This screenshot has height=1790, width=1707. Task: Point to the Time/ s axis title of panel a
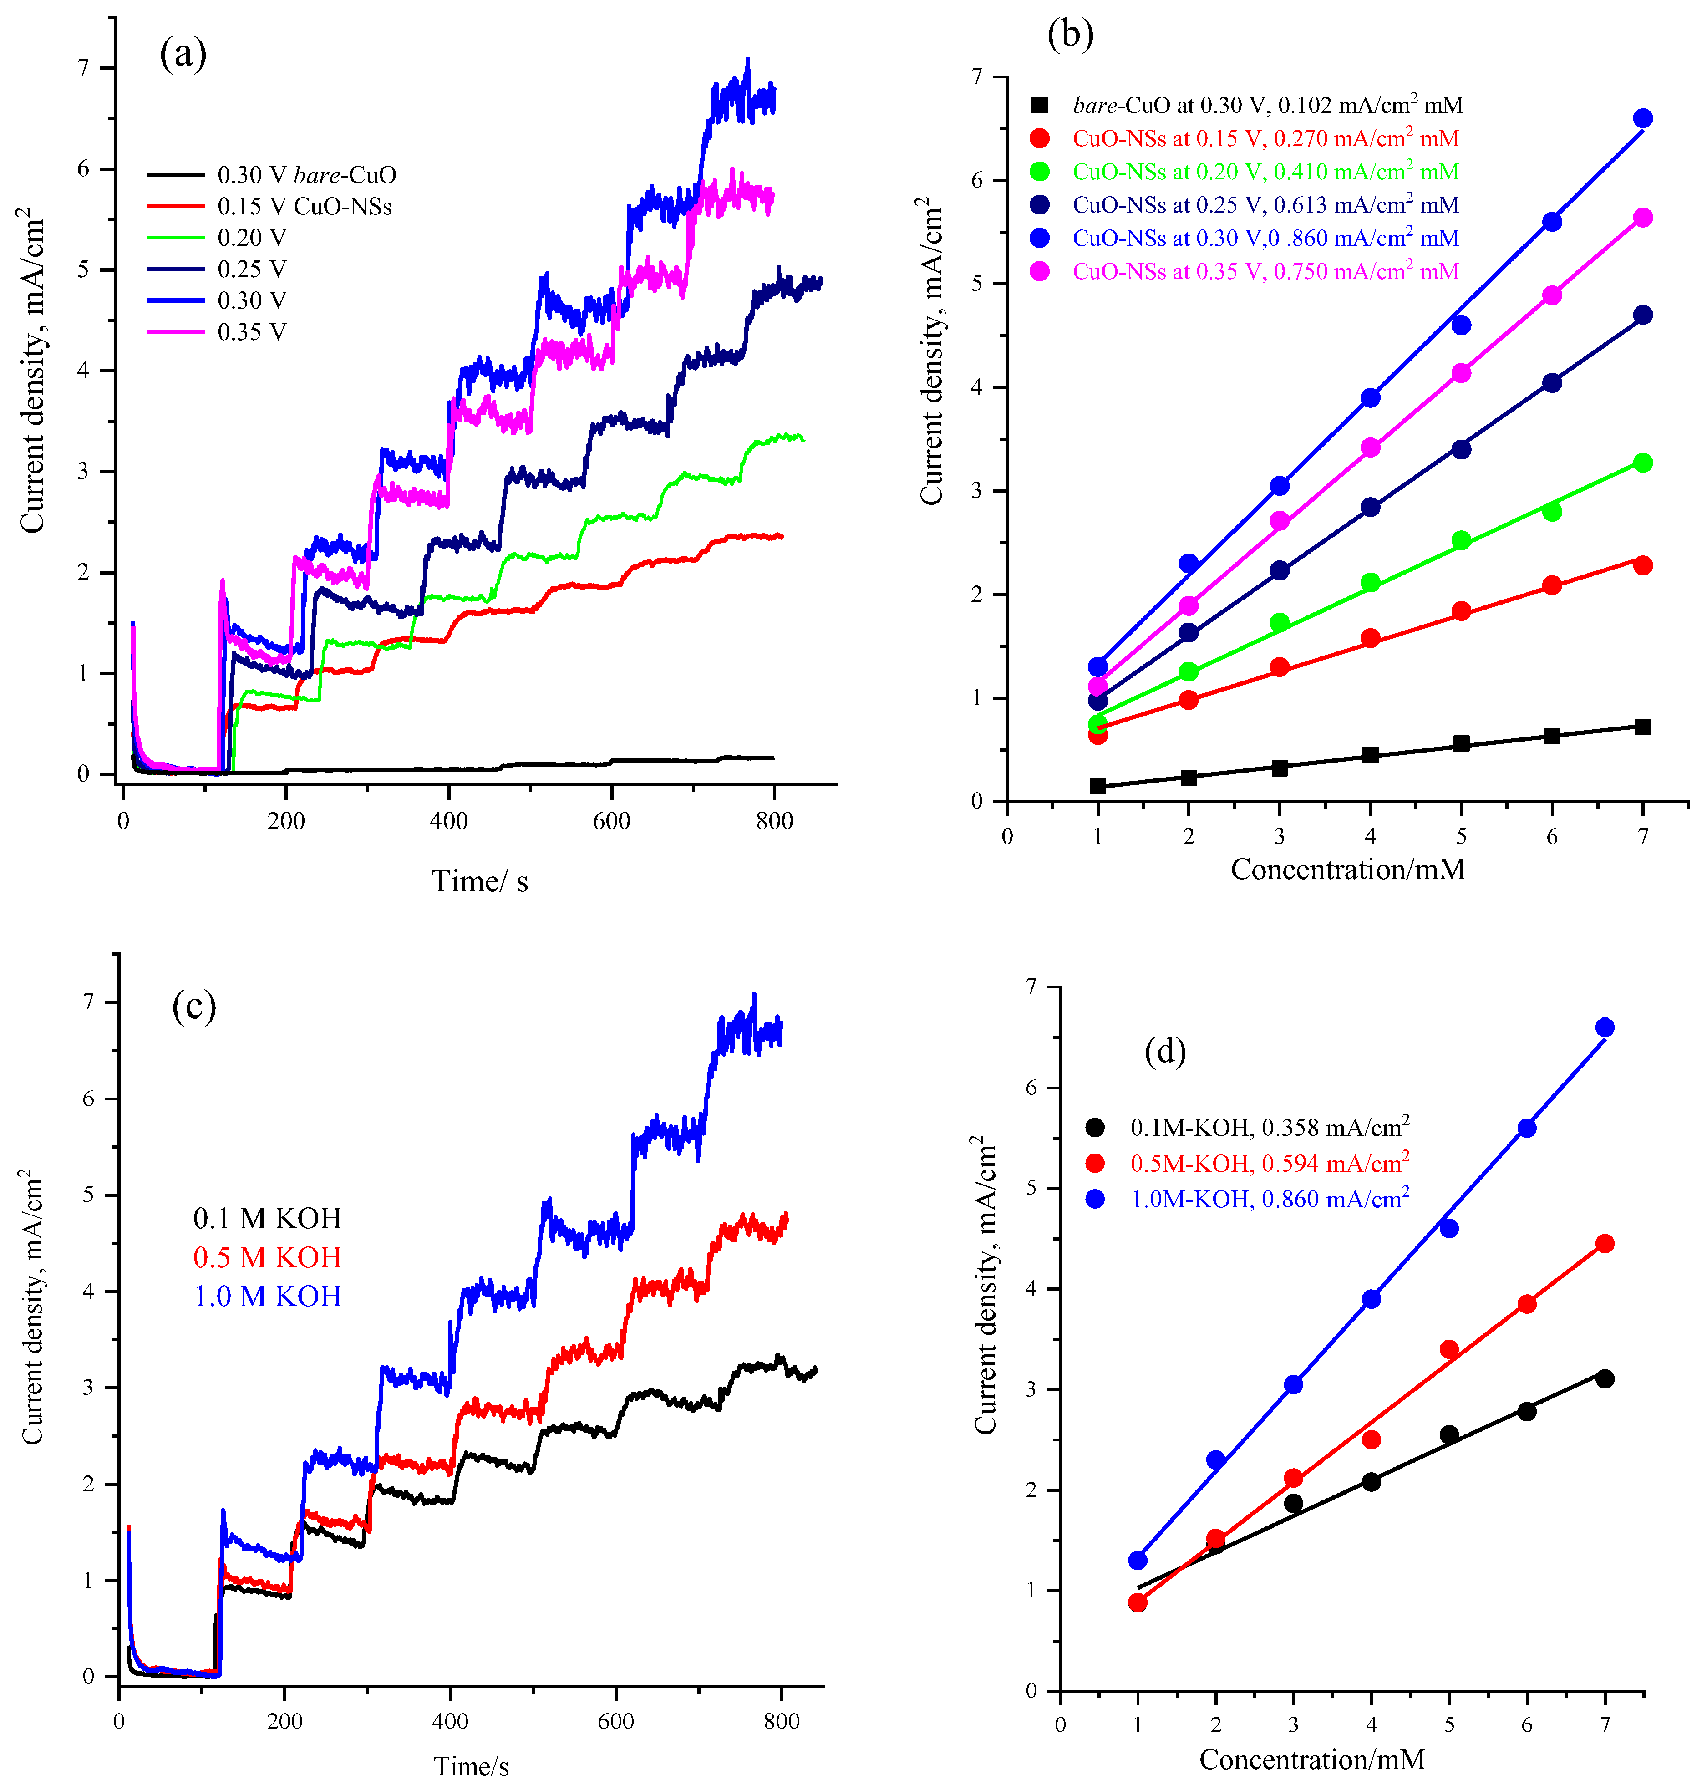click(x=479, y=881)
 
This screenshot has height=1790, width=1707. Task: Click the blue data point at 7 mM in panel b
click(x=1642, y=118)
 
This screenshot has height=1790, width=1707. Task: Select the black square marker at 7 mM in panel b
click(x=1642, y=726)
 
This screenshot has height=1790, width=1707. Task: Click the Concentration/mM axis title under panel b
click(x=1347, y=869)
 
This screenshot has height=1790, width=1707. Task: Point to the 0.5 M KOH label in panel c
click(x=267, y=1258)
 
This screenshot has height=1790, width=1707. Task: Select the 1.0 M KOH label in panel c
click(x=267, y=1296)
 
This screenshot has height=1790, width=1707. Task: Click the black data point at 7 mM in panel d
click(x=1604, y=1378)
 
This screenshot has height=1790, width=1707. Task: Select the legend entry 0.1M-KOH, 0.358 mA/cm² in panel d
click(x=1270, y=1128)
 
